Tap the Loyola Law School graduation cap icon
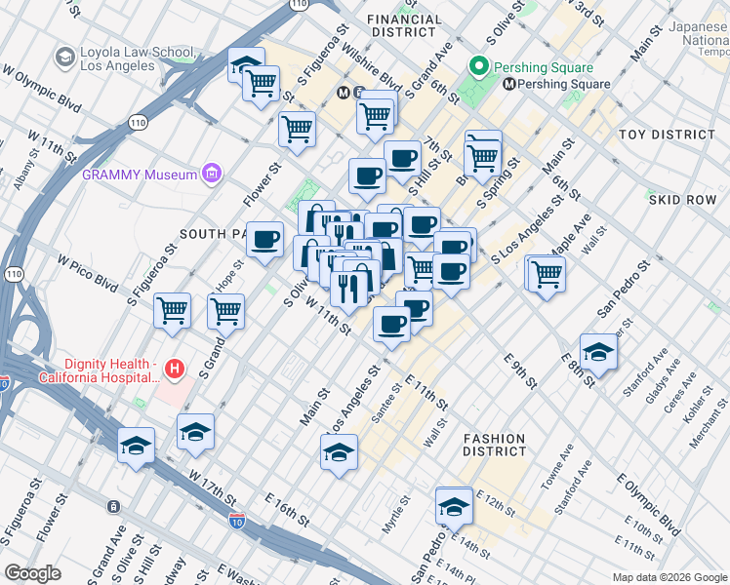click(65, 58)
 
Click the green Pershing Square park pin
click(478, 68)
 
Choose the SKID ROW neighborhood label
click(682, 199)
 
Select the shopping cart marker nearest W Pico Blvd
click(173, 311)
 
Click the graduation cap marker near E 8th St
click(598, 353)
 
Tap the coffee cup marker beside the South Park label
click(264, 240)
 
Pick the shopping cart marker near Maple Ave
click(547, 273)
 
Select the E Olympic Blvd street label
click(647, 505)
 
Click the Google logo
click(32, 573)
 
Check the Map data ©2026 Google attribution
click(669, 577)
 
